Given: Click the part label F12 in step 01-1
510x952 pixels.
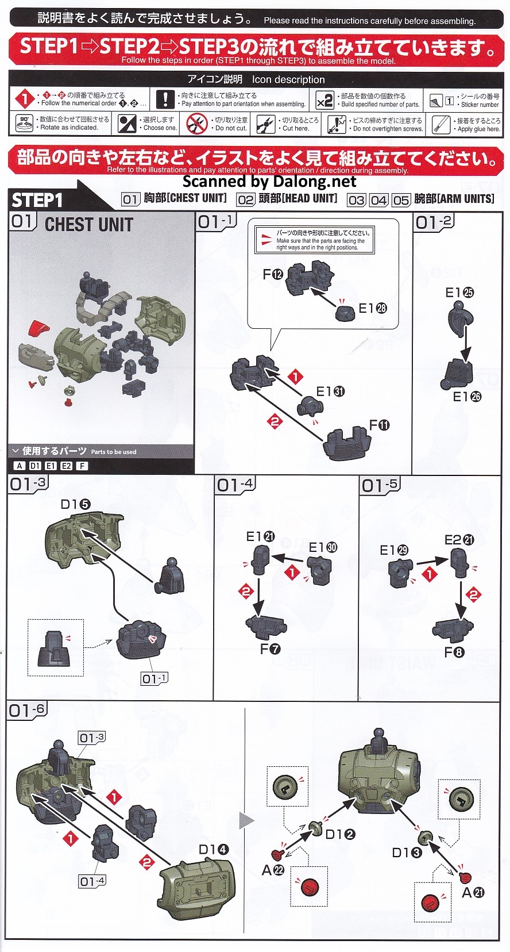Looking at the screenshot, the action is click(273, 275).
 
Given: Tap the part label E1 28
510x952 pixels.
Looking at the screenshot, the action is click(373, 308).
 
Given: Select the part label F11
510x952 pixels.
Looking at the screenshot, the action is click(379, 425).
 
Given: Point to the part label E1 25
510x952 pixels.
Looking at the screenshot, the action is click(459, 293).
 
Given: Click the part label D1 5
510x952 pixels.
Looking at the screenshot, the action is click(76, 505).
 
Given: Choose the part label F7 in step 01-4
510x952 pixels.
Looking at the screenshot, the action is click(270, 649).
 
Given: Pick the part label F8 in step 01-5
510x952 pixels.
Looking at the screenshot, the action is click(454, 652).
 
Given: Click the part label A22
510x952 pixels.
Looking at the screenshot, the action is click(273, 870).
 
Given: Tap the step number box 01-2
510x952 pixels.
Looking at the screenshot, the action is click(434, 222).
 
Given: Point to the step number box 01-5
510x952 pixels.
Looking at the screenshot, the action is click(380, 485).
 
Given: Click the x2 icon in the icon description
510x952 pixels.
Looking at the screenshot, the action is click(325, 100).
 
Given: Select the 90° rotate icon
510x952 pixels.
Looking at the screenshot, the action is click(24, 124).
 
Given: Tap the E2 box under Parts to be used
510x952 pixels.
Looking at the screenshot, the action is click(66, 466).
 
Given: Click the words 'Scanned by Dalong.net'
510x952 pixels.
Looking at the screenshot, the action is click(269, 182).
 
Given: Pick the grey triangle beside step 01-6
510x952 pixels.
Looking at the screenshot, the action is click(247, 821).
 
